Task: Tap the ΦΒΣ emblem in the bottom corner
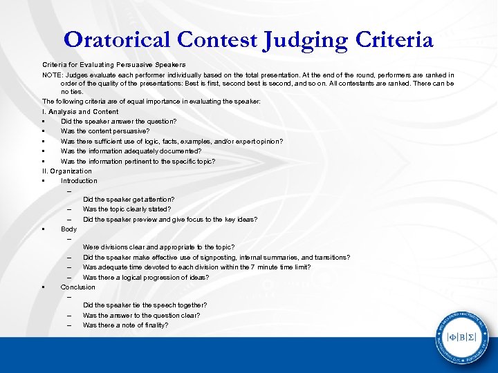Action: tap(461, 337)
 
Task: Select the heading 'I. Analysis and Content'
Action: tap(80, 111)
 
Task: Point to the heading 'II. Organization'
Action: tap(67, 171)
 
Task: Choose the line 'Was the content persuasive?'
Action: tap(105, 131)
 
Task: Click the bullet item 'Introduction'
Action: tap(79, 181)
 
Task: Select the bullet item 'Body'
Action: tap(68, 229)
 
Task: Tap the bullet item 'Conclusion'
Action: tap(77, 287)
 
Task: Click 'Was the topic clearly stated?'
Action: tap(127, 209)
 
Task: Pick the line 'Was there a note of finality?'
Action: tap(125, 325)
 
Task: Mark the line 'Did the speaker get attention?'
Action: tap(129, 200)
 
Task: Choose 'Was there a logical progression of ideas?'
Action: tap(146, 278)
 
